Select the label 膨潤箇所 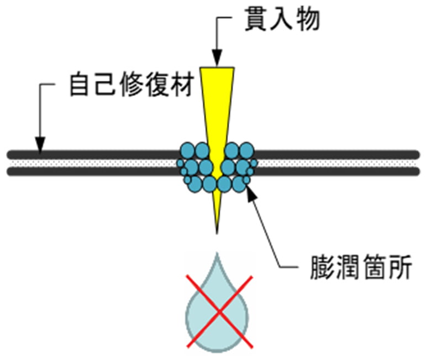(360, 268)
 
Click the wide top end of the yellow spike (217, 70)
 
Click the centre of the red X (219, 310)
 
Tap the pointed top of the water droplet (218, 256)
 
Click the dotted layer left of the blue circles (94, 163)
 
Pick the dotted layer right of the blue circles (337, 163)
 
